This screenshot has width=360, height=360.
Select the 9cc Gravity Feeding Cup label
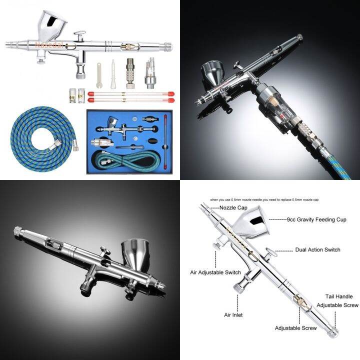[316, 219]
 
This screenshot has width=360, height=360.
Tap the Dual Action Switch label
[317, 249]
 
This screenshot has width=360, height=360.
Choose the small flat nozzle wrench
[99, 71]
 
